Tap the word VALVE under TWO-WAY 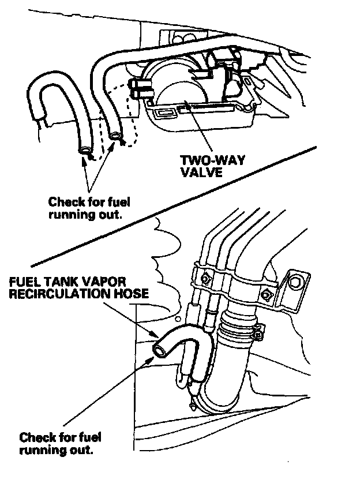pyautogui.click(x=201, y=172)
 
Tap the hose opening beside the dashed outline pyautogui.click(x=116, y=136)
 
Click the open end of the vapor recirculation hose pyautogui.click(x=157, y=349)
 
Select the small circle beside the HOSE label pyautogui.click(x=178, y=318)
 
